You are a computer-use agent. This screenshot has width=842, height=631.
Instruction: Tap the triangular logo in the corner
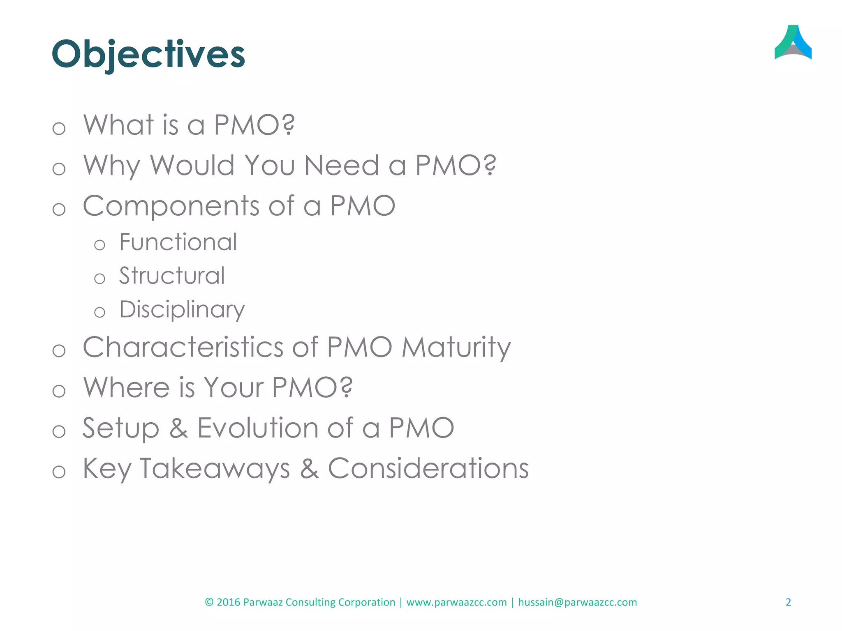[793, 43]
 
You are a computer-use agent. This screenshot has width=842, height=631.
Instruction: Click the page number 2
[788, 602]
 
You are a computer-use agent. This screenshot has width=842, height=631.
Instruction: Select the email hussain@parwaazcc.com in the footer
[577, 602]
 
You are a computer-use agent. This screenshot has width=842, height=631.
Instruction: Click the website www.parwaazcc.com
[456, 602]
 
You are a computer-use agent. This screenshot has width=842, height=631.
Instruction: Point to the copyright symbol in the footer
[209, 602]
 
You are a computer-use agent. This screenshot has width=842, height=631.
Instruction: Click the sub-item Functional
[178, 242]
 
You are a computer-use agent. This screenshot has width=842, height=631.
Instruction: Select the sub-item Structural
[172, 276]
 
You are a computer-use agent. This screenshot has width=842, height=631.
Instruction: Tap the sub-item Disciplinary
[182, 309]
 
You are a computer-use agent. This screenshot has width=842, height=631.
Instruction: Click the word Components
[171, 206]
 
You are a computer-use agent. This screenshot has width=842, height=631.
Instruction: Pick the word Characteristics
[183, 347]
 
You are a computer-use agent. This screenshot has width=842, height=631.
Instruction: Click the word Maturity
[456, 347]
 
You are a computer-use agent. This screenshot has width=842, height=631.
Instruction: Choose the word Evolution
[258, 428]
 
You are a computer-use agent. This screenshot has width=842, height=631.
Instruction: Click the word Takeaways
[215, 468]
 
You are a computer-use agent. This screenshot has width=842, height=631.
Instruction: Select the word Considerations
[428, 468]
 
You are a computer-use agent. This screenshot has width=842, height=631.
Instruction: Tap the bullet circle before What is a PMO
[59, 129]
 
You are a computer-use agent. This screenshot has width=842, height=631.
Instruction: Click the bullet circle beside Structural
[99, 279]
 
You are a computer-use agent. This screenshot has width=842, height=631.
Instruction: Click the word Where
[126, 387]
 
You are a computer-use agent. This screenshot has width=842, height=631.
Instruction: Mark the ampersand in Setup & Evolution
[178, 428]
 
